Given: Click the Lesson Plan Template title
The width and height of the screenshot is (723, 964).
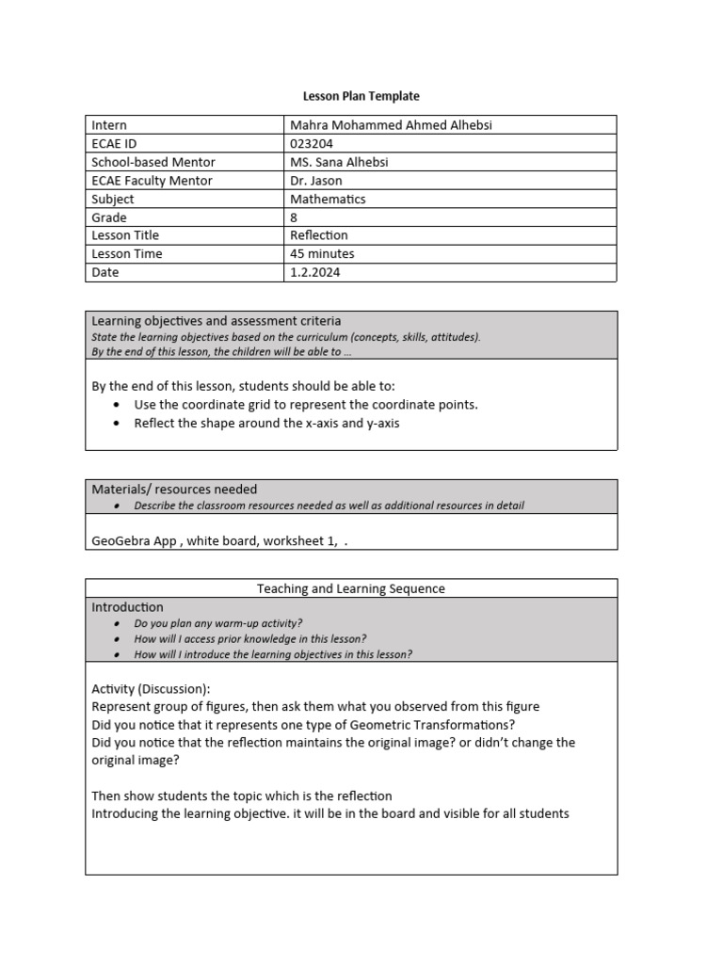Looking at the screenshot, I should coord(361,96).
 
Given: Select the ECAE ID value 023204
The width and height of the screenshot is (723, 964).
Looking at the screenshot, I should coord(312,143).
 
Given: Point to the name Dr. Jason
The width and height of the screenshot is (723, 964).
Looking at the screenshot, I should coord(316,181).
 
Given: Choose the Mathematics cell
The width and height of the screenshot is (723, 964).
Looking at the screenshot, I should coord(328,199).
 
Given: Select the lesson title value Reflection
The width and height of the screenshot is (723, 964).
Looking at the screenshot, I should coord(319,235).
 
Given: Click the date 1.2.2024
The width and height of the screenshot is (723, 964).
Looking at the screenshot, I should coord(315,272).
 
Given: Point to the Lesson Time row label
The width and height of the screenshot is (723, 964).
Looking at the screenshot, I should coord(126,254).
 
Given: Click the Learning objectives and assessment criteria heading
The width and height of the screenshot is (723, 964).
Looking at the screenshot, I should coord(216,321).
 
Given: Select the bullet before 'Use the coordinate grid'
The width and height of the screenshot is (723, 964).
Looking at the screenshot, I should coord(115,405).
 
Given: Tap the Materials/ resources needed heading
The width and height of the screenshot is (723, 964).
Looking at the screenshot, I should coord(173,490).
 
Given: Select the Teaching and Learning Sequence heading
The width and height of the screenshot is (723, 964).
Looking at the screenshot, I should coord(351,588).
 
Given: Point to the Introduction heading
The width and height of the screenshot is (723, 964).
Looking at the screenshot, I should coord(127,607).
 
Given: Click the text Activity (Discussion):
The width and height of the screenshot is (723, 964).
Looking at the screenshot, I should coord(151,688).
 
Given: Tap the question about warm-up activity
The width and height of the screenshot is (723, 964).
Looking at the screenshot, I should coord(218,623).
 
